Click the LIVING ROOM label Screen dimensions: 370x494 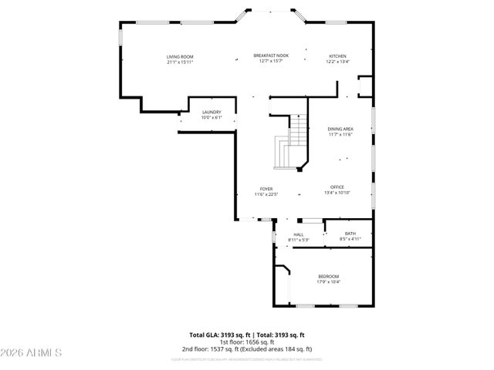click(179, 56)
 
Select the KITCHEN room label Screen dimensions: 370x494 click(338, 56)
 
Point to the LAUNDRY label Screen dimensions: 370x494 click(211, 112)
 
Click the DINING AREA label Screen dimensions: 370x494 click(340, 129)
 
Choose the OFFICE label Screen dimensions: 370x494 click(337, 187)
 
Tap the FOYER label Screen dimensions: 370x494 click(266, 189)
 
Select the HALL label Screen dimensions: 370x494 click(299, 234)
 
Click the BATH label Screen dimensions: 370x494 click(350, 234)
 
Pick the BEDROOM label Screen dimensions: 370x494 click(329, 276)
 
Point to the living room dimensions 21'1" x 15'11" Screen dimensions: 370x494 click(179, 62)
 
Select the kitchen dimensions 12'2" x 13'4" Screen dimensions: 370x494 click(338, 62)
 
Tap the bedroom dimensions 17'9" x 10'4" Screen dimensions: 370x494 click(329, 282)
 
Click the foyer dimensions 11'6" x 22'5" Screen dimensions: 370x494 click(266, 194)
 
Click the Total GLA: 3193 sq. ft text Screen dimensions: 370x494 click(218, 335)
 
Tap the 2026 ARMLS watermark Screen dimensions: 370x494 click(32, 353)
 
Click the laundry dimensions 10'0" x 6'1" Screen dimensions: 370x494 click(211, 117)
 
